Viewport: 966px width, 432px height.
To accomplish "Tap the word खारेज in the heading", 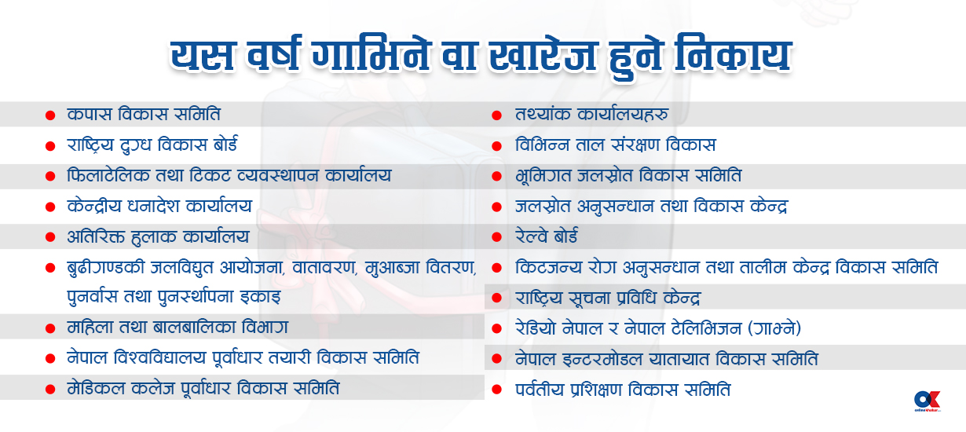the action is click(543, 56).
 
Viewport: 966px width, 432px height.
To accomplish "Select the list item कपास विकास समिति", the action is click(144, 114).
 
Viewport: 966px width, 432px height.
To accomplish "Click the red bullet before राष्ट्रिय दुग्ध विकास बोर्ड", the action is click(50, 146).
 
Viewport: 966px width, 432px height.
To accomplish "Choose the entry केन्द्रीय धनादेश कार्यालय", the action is click(159, 206).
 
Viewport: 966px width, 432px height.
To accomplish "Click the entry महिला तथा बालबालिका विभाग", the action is click(177, 328).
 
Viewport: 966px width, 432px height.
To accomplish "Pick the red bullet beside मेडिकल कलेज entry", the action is click(50, 390).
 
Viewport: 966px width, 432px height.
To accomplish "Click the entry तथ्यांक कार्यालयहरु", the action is click(591, 114).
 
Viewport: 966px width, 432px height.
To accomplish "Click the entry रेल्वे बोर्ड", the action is click(547, 236).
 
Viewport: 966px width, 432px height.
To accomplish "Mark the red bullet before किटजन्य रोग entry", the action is click(497, 268).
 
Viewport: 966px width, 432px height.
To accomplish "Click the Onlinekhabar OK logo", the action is click(928, 401).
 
